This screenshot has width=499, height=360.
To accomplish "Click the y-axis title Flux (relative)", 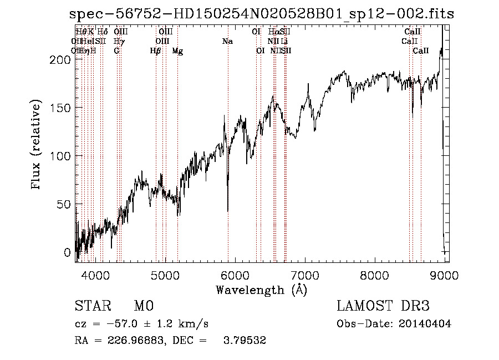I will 37,146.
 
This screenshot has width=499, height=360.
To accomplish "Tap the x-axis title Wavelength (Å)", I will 261,290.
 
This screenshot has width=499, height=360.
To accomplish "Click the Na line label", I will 227,42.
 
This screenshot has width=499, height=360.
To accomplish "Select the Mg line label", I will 177,51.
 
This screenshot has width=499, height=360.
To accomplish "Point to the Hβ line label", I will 156,51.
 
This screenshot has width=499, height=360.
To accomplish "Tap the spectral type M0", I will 143,307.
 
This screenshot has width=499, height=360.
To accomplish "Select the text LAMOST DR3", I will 383,307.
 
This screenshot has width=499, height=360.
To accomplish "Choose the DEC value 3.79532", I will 243,341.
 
